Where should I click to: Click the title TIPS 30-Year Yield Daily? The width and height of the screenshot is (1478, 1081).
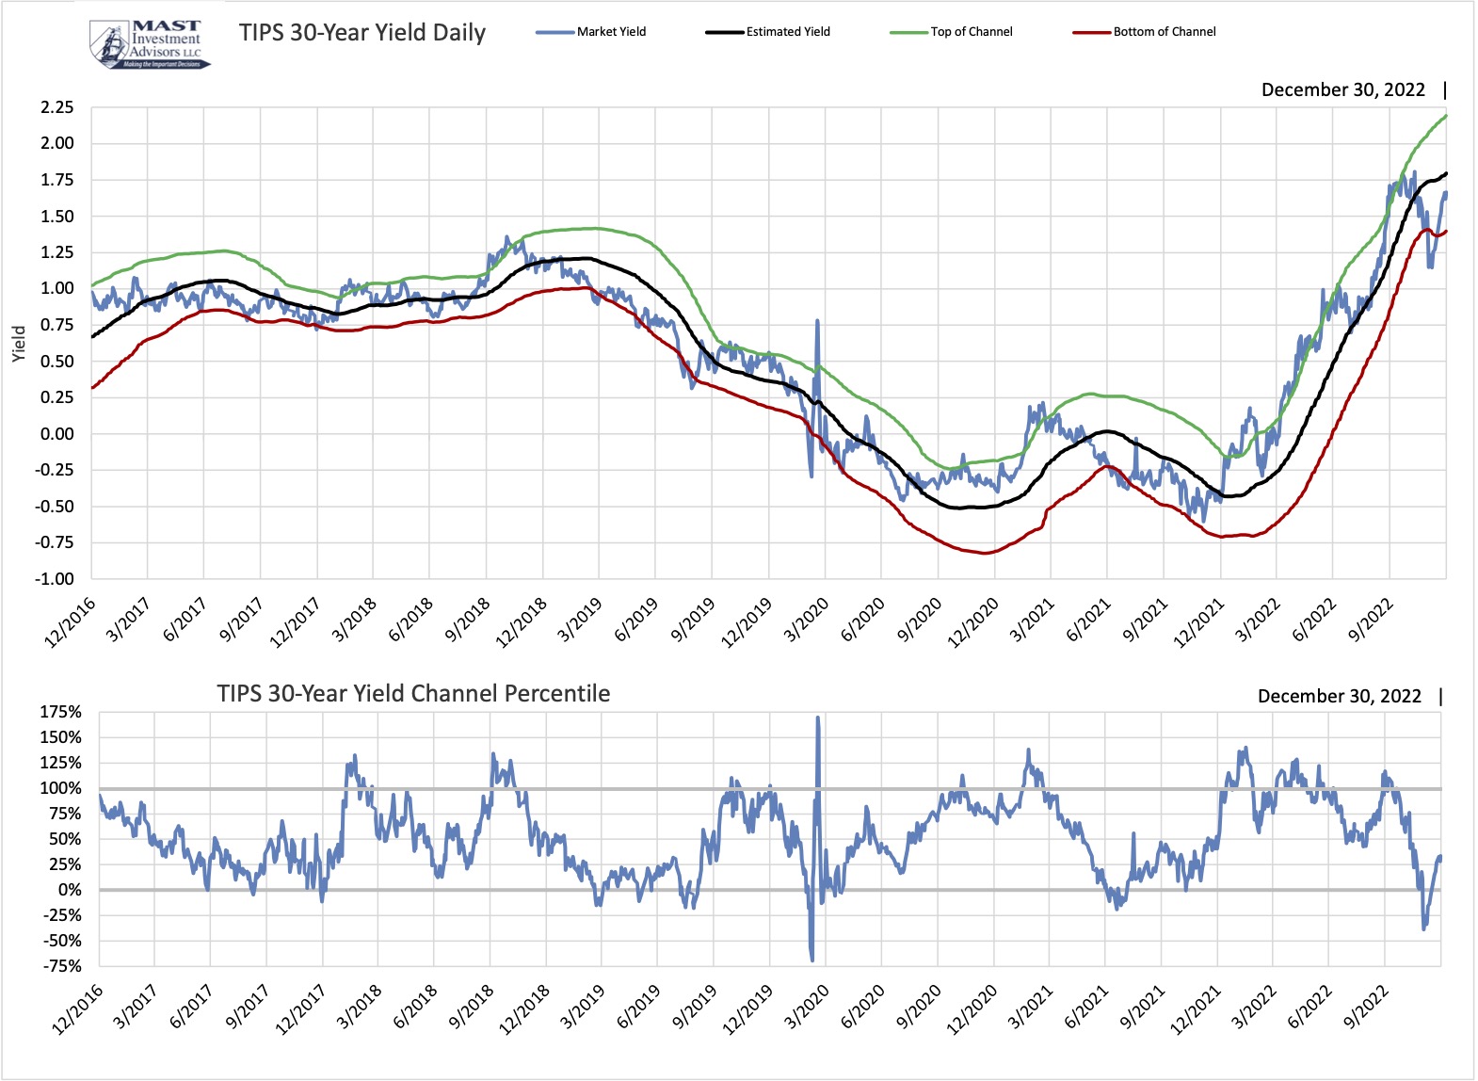click(x=362, y=33)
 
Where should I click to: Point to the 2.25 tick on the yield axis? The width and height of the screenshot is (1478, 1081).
click(x=56, y=107)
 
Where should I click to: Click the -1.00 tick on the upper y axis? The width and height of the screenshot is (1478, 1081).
click(x=55, y=579)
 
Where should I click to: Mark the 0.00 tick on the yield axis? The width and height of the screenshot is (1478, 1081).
click(x=56, y=434)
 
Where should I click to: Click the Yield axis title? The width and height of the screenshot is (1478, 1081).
click(x=19, y=344)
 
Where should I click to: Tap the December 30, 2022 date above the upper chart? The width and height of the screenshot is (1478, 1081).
click(x=1342, y=90)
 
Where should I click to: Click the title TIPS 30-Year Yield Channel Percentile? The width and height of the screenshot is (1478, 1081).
click(x=413, y=694)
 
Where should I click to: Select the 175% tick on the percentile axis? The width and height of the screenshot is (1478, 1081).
click(x=60, y=713)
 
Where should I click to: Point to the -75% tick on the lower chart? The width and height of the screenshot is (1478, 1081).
click(x=60, y=966)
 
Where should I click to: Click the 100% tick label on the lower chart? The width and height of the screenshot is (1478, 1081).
click(x=60, y=788)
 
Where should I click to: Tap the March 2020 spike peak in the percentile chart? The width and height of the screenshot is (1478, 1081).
click(x=817, y=718)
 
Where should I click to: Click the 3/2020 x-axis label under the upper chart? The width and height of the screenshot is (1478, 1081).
click(x=806, y=621)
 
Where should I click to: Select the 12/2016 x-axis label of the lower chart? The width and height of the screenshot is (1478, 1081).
click(x=77, y=1008)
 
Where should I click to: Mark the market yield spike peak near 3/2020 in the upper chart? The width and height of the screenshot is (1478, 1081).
click(x=816, y=321)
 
